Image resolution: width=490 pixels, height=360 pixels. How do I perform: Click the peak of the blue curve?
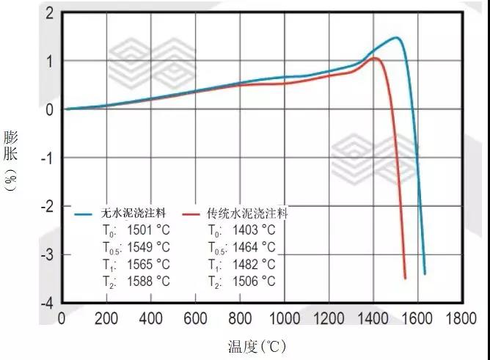(x=396, y=37)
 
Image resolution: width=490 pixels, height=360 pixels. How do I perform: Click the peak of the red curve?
(x=375, y=58)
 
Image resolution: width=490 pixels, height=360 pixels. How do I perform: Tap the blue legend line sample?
(x=87, y=214)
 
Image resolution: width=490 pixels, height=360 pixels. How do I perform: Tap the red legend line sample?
(x=192, y=214)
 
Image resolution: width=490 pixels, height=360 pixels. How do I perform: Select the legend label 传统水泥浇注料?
(x=246, y=214)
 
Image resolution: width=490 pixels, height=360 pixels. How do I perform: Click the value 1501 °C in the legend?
(x=149, y=231)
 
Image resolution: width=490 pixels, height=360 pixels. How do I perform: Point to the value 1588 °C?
(x=149, y=282)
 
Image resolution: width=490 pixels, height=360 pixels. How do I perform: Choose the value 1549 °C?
(x=149, y=248)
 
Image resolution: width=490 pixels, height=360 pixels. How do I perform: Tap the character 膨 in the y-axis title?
(x=10, y=137)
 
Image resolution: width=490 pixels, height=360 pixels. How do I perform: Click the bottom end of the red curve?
(x=405, y=278)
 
